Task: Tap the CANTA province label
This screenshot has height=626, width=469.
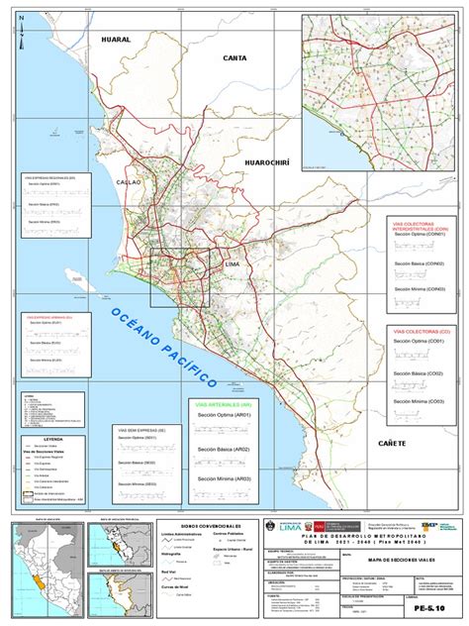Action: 234,58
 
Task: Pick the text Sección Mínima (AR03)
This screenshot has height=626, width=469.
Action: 224,478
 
